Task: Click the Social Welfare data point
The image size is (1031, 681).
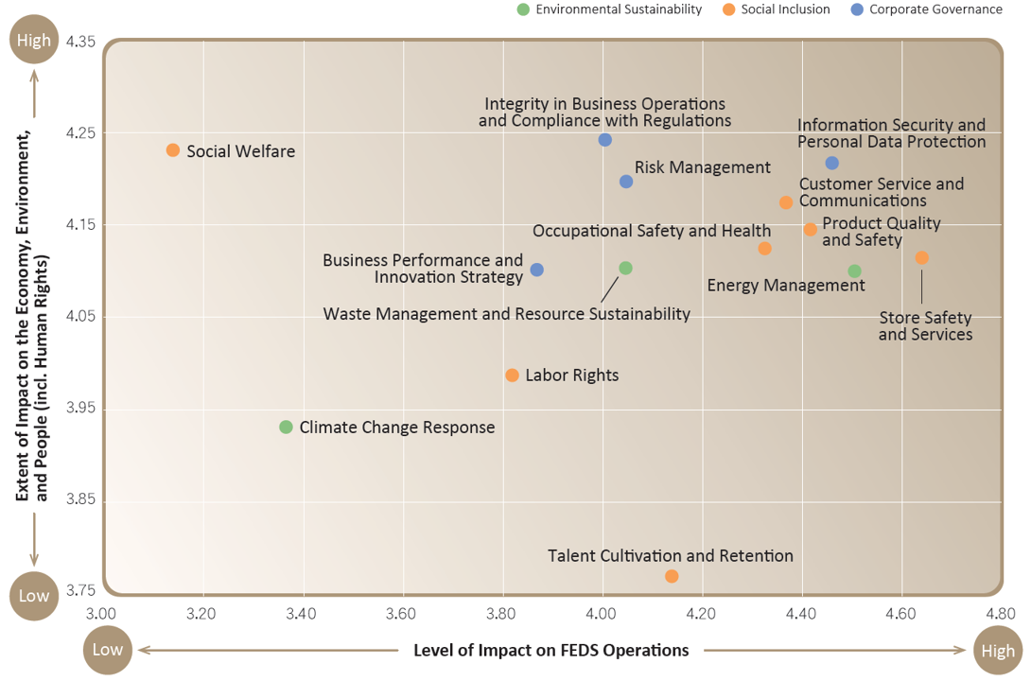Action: point(173,150)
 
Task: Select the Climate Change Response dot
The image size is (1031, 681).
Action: point(286,428)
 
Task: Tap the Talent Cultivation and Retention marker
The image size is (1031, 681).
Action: point(672,576)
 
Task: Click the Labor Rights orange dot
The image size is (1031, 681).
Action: point(513,375)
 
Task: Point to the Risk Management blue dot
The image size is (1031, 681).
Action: point(626,182)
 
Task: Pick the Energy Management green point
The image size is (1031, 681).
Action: point(854,271)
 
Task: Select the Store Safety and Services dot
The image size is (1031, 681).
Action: point(922,257)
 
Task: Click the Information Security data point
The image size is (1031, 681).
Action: point(831,163)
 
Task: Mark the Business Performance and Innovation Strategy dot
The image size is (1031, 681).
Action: point(536,270)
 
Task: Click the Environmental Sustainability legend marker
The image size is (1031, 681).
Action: point(523,9)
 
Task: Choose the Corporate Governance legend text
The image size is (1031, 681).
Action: point(935,9)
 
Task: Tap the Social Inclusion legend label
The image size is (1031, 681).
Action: point(785,9)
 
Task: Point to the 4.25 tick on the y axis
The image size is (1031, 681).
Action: point(80,132)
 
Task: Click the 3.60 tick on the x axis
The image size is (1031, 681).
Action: point(401,614)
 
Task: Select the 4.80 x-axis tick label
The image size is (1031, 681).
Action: point(1001,614)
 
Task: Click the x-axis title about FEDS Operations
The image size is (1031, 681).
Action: point(551,650)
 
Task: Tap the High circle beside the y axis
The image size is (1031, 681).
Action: point(33,40)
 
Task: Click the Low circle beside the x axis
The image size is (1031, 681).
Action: point(107,650)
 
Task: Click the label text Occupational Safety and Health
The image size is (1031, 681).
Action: point(652,231)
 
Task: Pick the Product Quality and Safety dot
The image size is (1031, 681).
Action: point(810,230)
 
